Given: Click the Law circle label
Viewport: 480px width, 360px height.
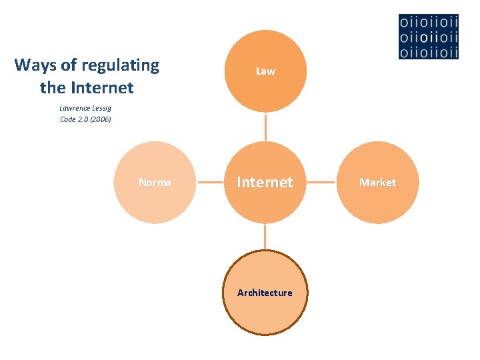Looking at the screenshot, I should [x=265, y=71].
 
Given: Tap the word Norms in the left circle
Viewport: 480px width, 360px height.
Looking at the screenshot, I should [x=155, y=182].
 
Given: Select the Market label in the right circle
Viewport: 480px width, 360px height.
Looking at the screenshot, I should [x=377, y=182].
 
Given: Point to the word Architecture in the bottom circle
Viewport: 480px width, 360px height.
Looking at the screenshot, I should [x=265, y=293].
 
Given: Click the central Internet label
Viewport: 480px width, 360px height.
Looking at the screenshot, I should [x=265, y=182].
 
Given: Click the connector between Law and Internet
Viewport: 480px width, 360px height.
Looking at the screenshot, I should [x=265, y=127].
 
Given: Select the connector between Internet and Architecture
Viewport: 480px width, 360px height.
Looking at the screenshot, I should [x=265, y=237].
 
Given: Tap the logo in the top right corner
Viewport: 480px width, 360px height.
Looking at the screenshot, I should [x=429, y=36].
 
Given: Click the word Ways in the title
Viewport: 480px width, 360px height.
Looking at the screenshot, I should [x=35, y=65].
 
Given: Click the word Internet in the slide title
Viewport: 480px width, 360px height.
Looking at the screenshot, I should [x=101, y=87].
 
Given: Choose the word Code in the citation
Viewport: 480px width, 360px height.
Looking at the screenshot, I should [x=68, y=119].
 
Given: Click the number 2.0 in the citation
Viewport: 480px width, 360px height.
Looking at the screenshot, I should [x=83, y=119].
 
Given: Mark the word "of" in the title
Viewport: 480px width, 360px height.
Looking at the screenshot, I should [x=69, y=65].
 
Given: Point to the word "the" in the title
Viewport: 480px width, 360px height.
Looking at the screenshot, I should [x=52, y=87].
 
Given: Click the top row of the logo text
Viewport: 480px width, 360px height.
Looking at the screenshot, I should [x=429, y=22].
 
